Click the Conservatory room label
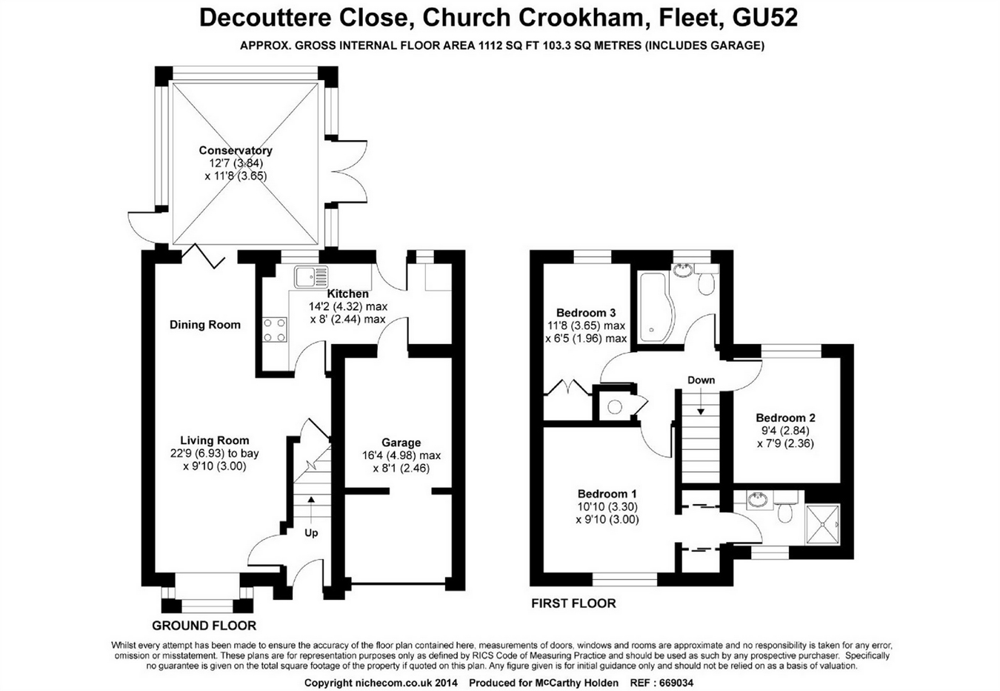point(236,151)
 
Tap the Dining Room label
point(204,325)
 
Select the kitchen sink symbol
point(310,277)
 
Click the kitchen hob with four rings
point(275,329)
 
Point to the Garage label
point(401,443)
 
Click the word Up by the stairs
point(311,532)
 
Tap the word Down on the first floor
point(701,380)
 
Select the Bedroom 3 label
point(585,313)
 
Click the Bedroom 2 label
point(785,418)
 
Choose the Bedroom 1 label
point(607,494)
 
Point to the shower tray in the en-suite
point(822,523)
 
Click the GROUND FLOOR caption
point(204,626)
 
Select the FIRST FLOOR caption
point(573,604)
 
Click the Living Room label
point(215,440)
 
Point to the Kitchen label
point(347,294)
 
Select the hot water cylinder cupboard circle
point(615,406)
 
